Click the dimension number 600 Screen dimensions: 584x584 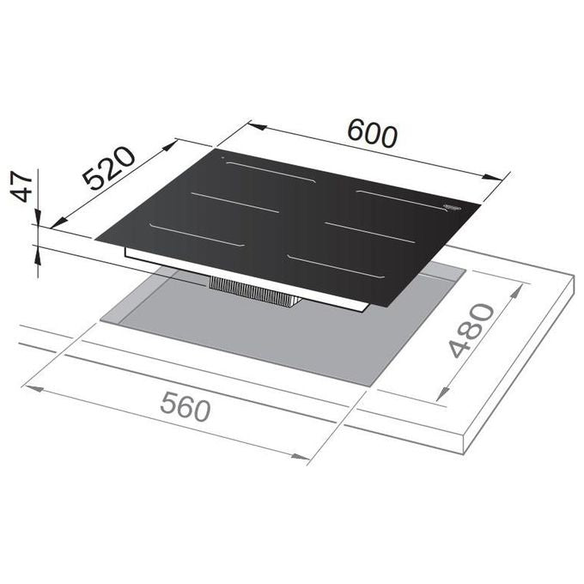[x=372, y=133]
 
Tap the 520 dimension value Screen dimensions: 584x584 [x=109, y=168]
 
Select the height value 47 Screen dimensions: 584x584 [x=21, y=186]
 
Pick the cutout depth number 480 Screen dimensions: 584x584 [x=471, y=331]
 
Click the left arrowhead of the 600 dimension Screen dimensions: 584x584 [x=257, y=126]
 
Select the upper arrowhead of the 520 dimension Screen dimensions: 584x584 [x=168, y=146]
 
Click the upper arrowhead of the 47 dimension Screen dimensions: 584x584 [x=38, y=216]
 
